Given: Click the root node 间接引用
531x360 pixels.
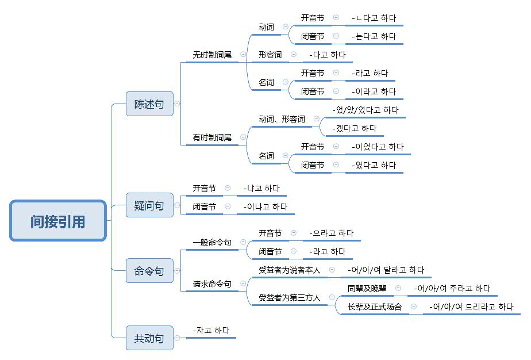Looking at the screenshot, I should (58, 220).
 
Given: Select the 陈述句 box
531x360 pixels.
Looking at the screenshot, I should (149, 104).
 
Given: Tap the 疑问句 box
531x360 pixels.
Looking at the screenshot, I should (149, 205).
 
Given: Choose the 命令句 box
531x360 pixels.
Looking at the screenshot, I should (149, 271).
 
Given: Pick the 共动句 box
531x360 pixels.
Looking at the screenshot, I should (149, 338).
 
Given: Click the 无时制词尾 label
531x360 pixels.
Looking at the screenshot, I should (212, 55).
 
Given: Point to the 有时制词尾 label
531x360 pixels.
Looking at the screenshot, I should (212, 137).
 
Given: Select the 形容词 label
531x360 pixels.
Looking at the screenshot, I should (270, 55).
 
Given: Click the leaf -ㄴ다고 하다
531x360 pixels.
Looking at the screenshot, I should (374, 18).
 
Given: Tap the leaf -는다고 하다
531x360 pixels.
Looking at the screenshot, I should (374, 36).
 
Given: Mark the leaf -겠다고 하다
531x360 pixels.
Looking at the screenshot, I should (355, 128).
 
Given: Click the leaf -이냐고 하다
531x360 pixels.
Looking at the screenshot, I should (265, 206).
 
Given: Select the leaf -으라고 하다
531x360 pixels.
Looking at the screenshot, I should (331, 233).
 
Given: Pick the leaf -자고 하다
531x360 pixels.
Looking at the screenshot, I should (211, 330).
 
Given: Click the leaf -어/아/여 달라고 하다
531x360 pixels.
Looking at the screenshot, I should (386, 270).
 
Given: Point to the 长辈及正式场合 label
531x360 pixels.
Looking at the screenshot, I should (375, 307).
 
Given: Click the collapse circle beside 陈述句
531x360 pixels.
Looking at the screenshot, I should (177, 104).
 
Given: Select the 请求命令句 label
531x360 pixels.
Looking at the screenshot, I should (212, 284).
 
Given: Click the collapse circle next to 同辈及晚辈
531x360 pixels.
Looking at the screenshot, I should (398, 288).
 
